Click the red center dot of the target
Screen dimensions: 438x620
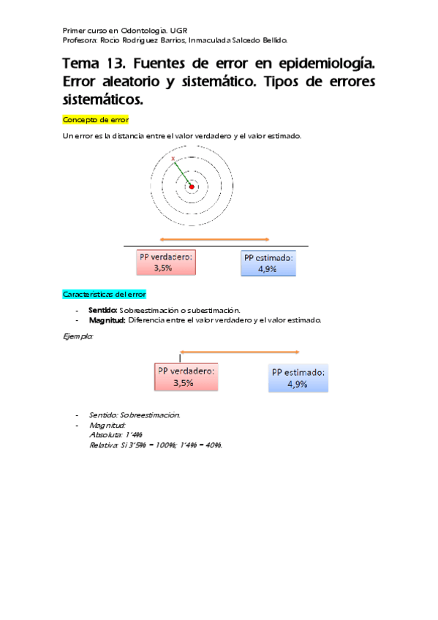pos(192,186)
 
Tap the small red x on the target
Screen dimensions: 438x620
pos(173,159)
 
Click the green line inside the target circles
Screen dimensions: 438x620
pos(181,172)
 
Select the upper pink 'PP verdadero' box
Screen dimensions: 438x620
pos(166,263)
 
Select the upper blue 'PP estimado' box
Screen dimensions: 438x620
pos(269,263)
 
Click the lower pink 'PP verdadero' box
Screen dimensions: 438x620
pos(186,377)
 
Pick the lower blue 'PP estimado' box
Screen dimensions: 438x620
pos(298,377)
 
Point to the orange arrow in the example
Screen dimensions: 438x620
pos(240,352)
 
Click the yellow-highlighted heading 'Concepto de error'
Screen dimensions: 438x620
pos(96,119)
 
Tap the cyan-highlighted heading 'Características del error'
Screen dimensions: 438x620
pos(105,294)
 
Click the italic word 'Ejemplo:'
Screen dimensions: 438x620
pos(78,336)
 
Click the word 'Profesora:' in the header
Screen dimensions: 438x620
pos(80,40)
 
